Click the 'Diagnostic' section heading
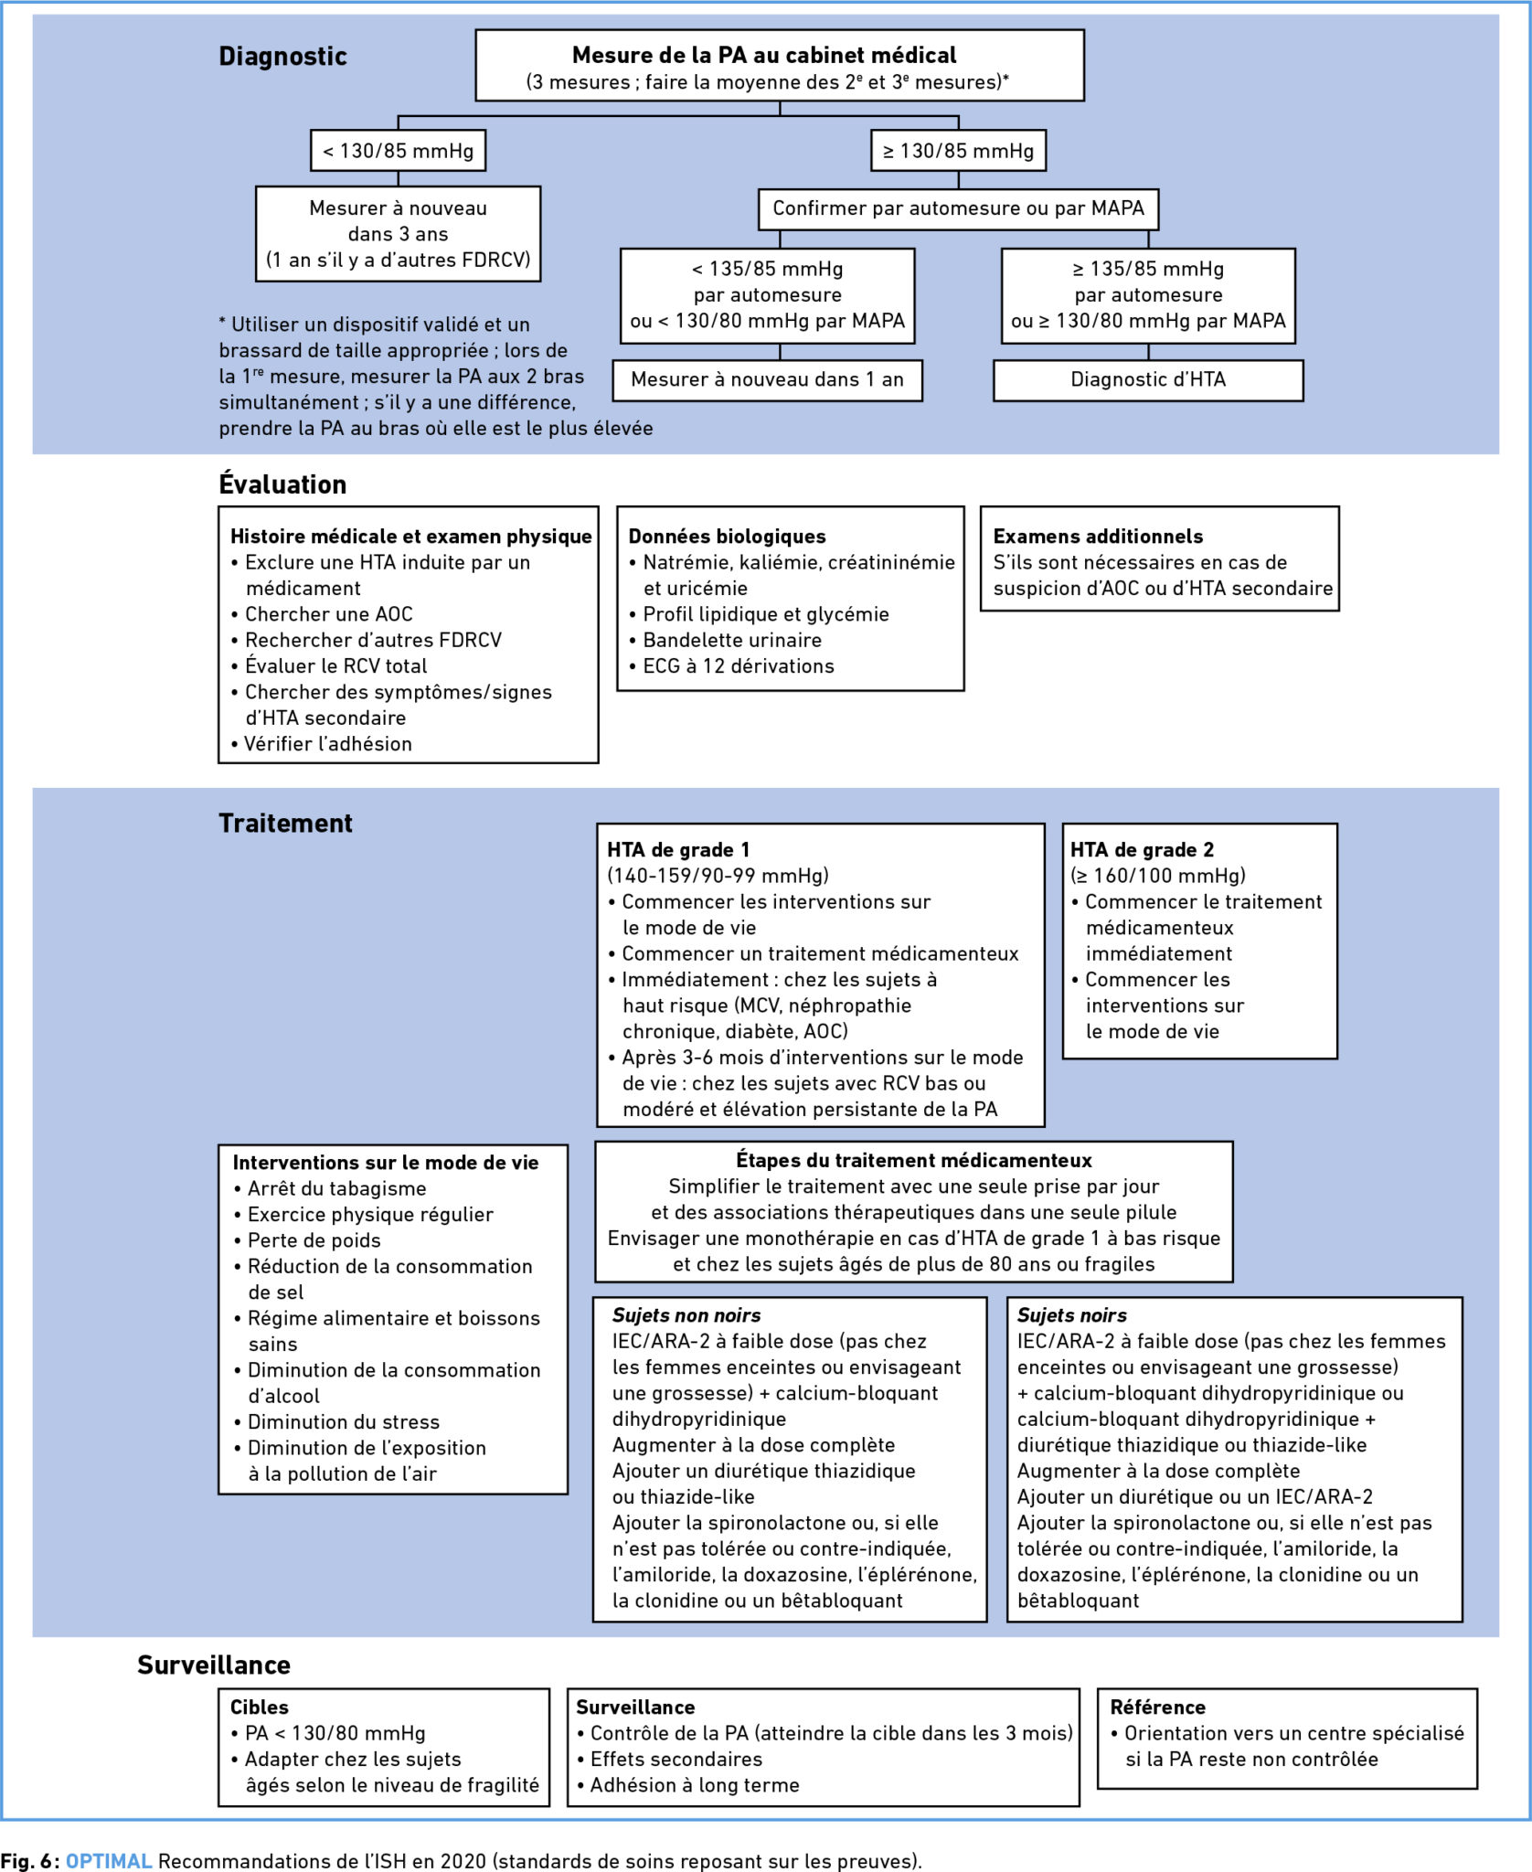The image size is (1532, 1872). point(282,57)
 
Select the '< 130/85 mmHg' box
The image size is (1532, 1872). point(398,151)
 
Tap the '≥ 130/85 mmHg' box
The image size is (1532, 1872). point(958,151)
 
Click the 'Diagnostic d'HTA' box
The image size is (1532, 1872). point(1148,380)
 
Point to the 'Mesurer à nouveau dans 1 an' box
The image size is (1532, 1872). point(767,380)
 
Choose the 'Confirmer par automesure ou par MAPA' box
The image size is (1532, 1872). point(958,208)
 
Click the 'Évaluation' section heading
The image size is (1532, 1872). point(282,484)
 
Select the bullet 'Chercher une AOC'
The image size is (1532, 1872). point(322,614)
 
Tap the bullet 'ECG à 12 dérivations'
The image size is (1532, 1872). point(731,666)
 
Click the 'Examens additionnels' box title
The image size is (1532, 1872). point(1098,537)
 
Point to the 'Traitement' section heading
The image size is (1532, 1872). point(285,824)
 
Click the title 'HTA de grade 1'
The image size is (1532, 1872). point(678,850)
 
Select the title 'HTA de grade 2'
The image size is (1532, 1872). point(1142,850)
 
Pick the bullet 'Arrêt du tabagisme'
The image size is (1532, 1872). point(330,1189)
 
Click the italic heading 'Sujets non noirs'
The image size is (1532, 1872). point(686,1315)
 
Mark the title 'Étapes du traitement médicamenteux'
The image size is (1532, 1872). point(914,1161)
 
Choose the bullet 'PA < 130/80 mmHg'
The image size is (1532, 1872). point(328,1734)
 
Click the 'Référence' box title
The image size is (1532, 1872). point(1157,1707)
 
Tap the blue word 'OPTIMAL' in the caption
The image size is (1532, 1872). point(109,1861)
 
